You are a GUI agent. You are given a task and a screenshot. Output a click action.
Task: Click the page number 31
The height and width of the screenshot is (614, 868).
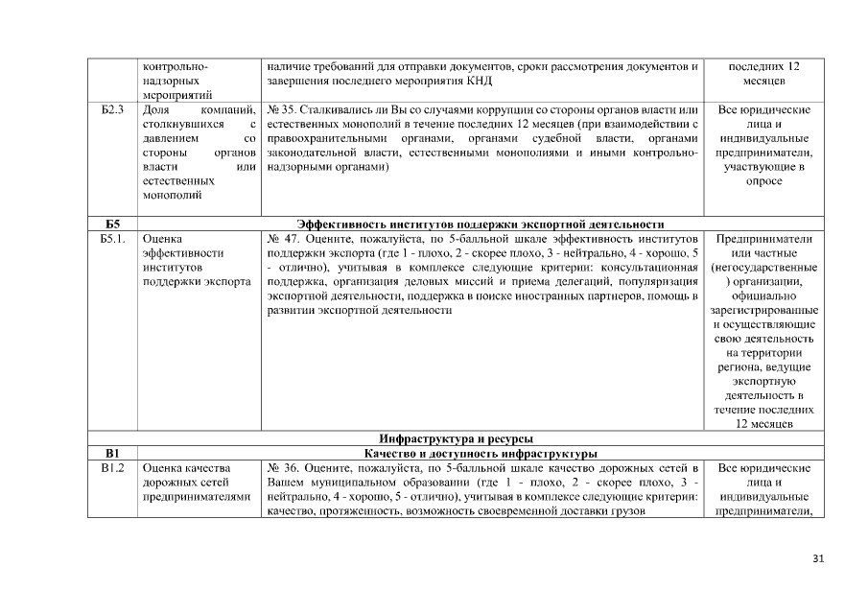[x=818, y=559]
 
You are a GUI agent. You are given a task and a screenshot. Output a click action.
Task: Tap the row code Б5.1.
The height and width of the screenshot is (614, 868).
[x=114, y=239]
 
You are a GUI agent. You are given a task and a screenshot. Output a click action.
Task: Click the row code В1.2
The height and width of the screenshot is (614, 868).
[x=113, y=468]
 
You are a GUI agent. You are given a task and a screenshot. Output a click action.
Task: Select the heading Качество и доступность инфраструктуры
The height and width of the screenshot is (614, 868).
[x=481, y=454]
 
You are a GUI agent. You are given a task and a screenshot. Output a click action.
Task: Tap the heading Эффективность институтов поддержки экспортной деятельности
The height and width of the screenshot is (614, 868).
[x=481, y=224]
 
